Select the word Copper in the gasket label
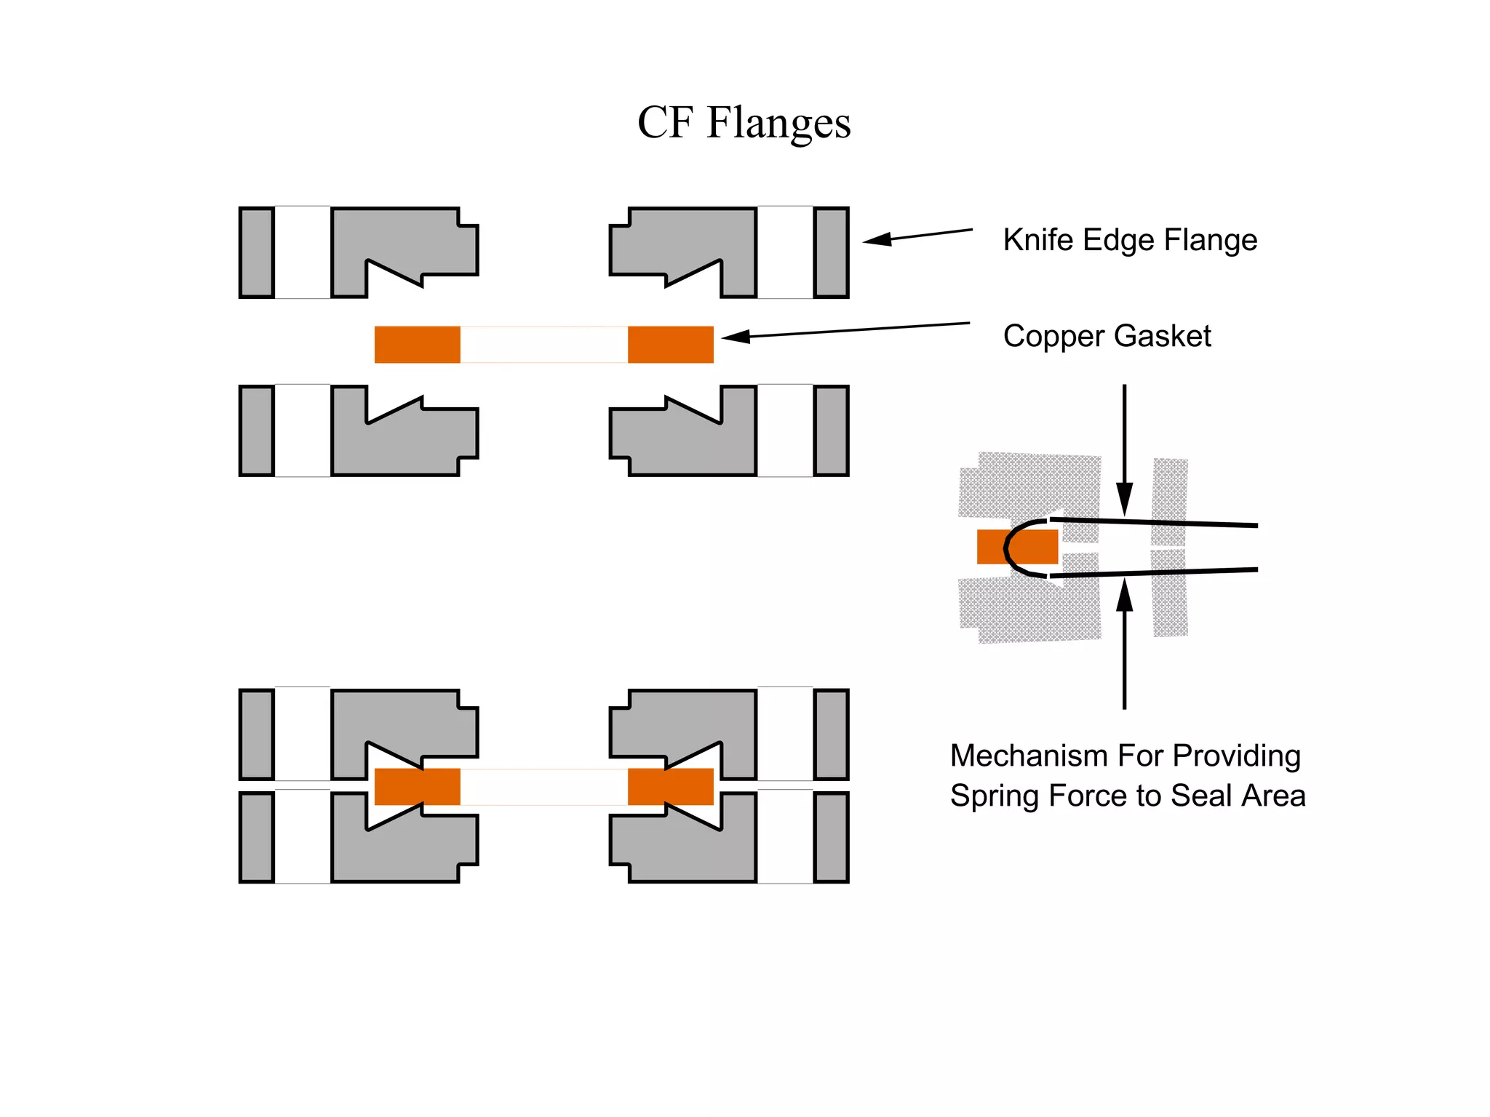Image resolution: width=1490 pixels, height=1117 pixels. pos(1053,337)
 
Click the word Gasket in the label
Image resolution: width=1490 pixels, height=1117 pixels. pos(1162,336)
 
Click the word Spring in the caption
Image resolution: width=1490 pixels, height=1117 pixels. pos(990,796)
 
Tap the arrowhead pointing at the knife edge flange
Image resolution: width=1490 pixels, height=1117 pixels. pos(877,239)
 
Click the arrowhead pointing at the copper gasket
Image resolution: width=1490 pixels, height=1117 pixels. pos(736,336)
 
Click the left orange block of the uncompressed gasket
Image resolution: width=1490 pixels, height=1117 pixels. pos(417,345)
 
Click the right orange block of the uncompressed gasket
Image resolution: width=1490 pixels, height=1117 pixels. pos(670,345)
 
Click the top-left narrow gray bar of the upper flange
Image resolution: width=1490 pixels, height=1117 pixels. pos(257,252)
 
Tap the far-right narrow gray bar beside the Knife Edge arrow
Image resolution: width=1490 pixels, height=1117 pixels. pos(831,252)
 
